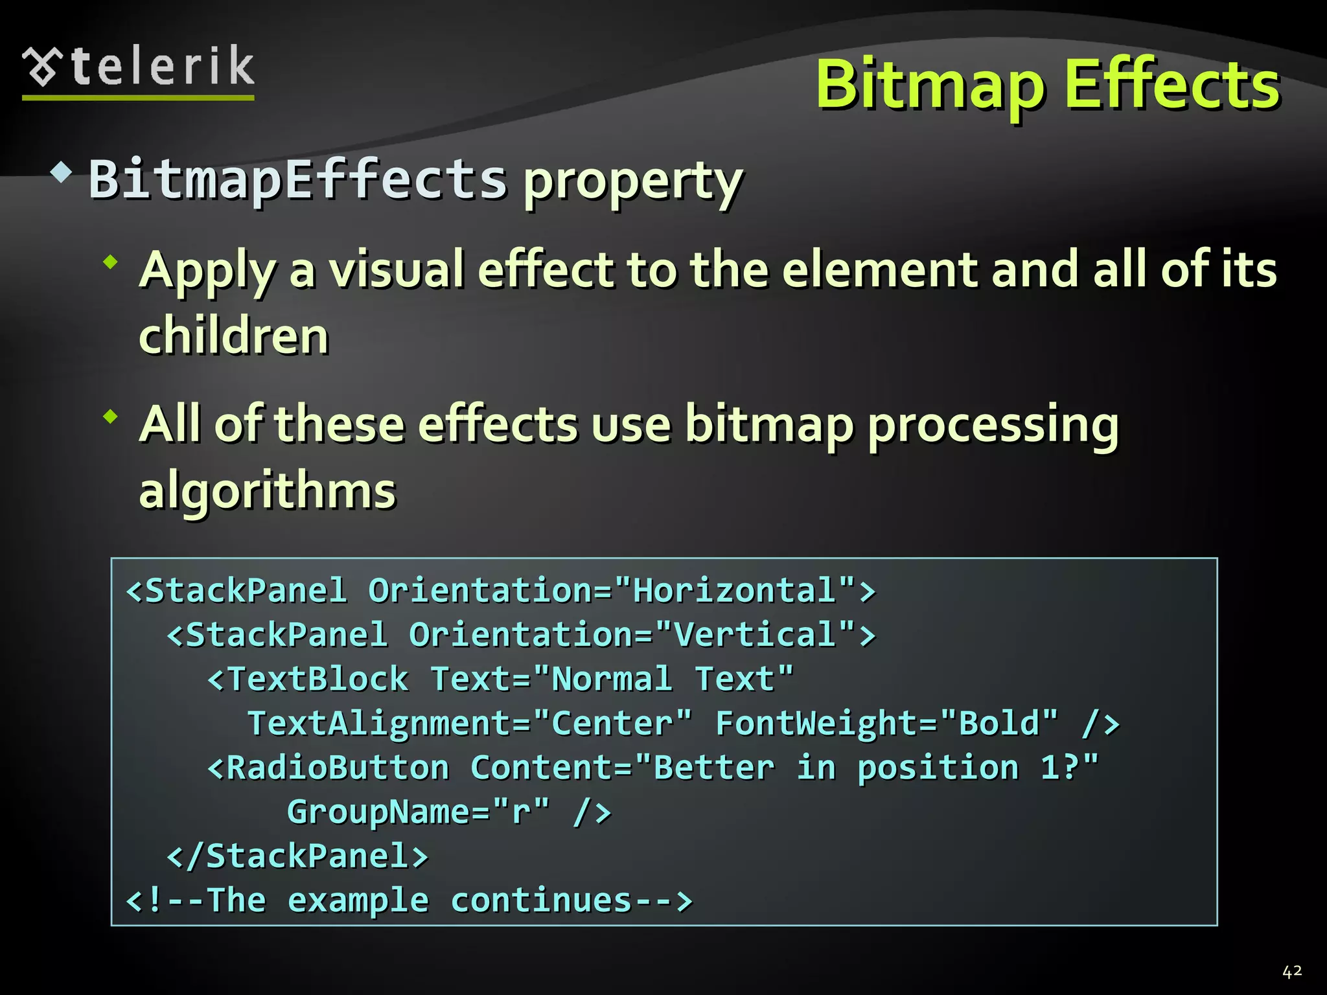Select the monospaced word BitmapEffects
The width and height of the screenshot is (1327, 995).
[297, 179]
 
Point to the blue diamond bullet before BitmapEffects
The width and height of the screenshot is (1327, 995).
[61, 172]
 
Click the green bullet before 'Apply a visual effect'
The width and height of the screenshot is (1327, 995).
[111, 262]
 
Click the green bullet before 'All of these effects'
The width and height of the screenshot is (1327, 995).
[111, 417]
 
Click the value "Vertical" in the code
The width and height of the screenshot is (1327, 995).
[756, 635]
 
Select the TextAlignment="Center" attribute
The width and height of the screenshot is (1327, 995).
[470, 723]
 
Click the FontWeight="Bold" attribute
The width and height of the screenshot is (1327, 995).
[886, 723]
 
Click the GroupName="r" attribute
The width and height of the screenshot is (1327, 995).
[418, 812]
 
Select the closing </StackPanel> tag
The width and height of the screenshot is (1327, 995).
[298, 856]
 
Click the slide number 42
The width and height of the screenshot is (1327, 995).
[1291, 971]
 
